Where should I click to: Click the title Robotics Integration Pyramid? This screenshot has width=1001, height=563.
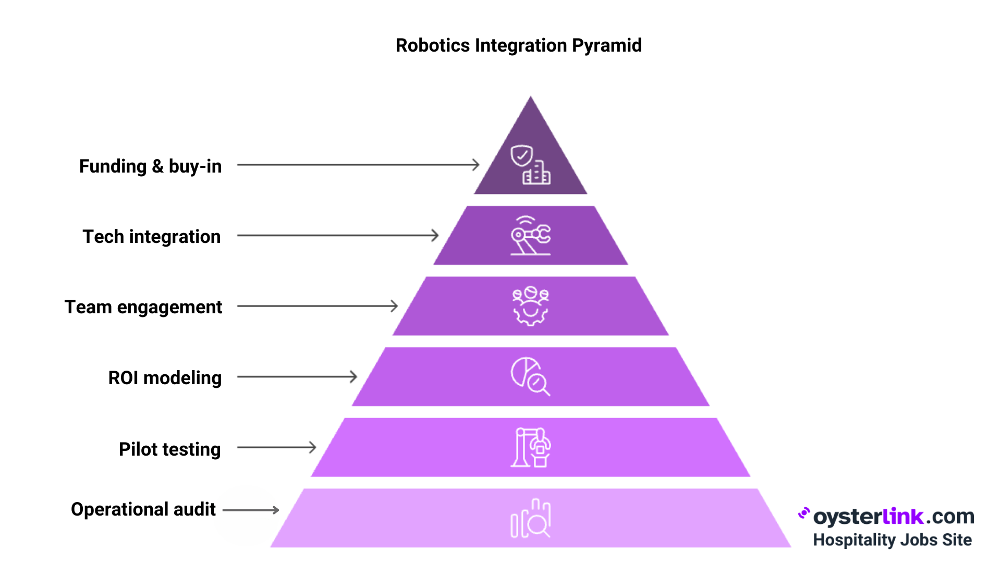(x=518, y=45)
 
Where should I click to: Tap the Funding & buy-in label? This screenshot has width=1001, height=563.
(x=150, y=166)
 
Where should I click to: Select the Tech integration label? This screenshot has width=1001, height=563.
(x=151, y=237)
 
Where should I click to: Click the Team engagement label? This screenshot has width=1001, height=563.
(x=143, y=307)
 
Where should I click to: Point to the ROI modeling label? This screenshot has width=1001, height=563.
(x=165, y=378)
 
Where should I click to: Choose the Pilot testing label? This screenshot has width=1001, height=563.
(x=169, y=449)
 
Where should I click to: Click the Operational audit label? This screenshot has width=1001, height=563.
(x=143, y=509)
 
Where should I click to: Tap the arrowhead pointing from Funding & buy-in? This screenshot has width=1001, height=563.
(x=475, y=165)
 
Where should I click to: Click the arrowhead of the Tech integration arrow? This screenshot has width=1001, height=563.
(x=435, y=235)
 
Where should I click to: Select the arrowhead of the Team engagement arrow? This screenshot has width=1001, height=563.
(x=394, y=306)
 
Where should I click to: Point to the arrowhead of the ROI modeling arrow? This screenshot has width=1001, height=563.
(x=353, y=376)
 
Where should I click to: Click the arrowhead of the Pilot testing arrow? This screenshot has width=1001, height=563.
(x=312, y=447)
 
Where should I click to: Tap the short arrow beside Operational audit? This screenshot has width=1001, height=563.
(x=251, y=510)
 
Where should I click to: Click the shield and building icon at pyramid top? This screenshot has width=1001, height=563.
(x=530, y=165)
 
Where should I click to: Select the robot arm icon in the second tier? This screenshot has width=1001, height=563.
(x=530, y=236)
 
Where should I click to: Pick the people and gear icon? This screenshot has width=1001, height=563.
(x=530, y=306)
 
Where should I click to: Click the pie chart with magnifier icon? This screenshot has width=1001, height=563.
(x=530, y=376)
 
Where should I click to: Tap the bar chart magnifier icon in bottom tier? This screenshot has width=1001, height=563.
(x=530, y=518)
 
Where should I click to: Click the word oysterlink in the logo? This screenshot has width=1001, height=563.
(x=868, y=517)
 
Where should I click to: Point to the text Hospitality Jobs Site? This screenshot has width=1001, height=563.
(x=892, y=540)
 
